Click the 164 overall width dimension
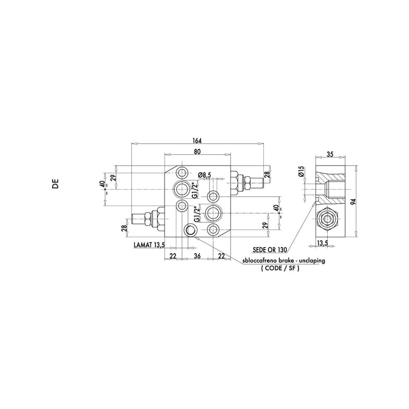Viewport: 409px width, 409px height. [197, 141]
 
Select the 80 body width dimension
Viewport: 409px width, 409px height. [197, 151]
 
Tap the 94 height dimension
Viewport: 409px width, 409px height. [354, 201]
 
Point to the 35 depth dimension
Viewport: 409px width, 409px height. [330, 154]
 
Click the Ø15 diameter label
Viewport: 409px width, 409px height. [302, 171]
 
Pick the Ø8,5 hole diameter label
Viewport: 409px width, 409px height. [204, 175]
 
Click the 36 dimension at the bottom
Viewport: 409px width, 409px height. [197, 256]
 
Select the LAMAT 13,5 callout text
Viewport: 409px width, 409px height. [149, 245]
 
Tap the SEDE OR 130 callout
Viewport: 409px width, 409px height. [270, 249]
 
